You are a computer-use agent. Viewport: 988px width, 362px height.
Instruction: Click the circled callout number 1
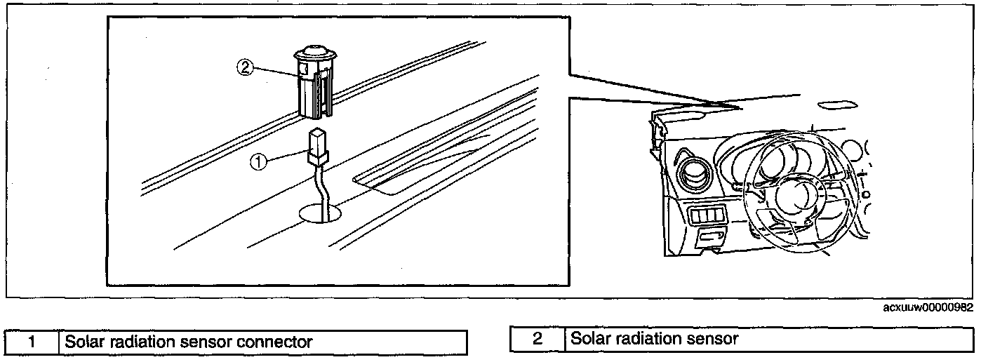(x=259, y=161)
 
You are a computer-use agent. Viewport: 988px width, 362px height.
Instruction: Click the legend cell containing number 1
(x=32, y=342)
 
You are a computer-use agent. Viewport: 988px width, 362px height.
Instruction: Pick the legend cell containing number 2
(x=538, y=340)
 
